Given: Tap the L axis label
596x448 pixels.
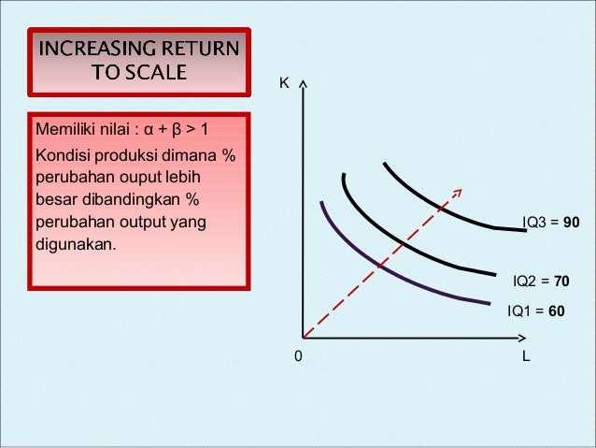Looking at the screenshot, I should click(x=527, y=356).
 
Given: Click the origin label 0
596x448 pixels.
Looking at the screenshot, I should click(x=298, y=357).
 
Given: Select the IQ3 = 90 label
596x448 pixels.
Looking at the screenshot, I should click(x=551, y=223).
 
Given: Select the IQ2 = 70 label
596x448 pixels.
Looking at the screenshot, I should click(x=541, y=281).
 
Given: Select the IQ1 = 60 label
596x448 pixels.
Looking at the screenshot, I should click(x=535, y=311).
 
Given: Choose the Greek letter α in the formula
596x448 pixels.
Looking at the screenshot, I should click(x=148, y=128).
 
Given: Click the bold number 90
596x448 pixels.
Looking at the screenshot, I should click(x=572, y=223).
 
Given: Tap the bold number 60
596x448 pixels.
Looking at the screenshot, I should click(x=556, y=311).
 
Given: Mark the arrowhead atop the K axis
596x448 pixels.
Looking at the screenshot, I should click(x=304, y=85).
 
